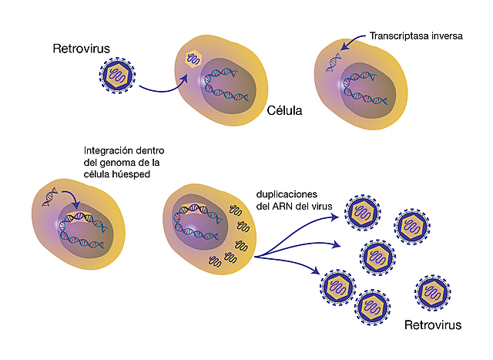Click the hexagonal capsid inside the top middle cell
[196, 59]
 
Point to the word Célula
[285, 110]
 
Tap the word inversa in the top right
[451, 35]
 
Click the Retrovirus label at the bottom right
[434, 325]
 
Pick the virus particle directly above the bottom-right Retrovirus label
[432, 290]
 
